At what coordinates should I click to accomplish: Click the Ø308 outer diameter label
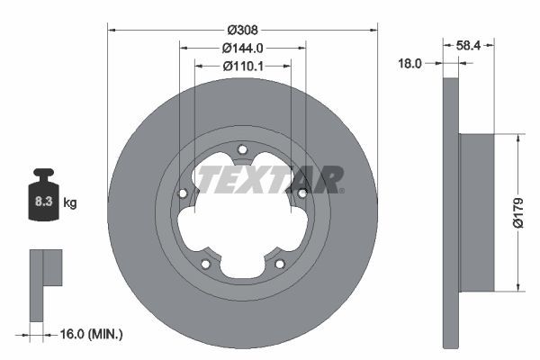click(x=242, y=31)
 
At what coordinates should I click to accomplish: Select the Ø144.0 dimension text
click(x=242, y=49)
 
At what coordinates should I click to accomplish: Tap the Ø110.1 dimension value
click(x=243, y=66)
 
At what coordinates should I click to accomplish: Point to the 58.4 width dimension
click(x=468, y=45)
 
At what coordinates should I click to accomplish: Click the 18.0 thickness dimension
click(x=409, y=63)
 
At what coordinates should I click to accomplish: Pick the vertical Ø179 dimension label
click(x=518, y=213)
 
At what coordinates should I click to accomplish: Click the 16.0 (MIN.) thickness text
click(x=91, y=334)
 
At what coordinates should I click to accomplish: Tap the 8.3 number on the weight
click(x=43, y=202)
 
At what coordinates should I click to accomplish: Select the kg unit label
click(x=70, y=202)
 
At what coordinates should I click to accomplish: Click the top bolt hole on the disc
click(x=242, y=150)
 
